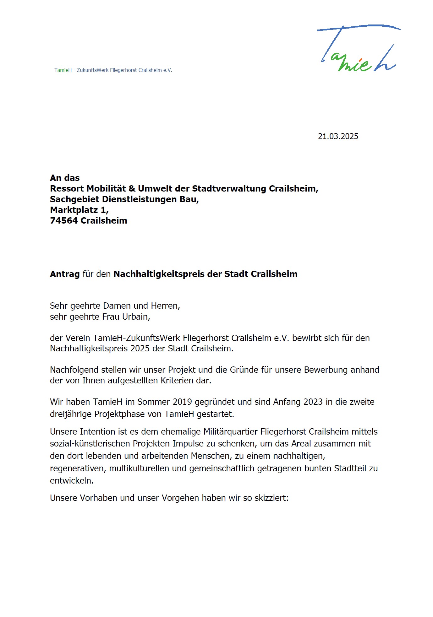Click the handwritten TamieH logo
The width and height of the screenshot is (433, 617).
pos(358,49)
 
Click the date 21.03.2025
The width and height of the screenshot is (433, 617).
pos(338,136)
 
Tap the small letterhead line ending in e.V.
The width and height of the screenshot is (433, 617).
pos(113,70)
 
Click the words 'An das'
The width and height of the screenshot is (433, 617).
pos(65,178)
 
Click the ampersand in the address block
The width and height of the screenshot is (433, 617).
pos(132,188)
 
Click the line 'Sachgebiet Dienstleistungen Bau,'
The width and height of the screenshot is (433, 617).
pos(124,199)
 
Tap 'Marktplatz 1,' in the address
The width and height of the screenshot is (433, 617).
pos(79,210)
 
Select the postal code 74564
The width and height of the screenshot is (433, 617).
pos(64,220)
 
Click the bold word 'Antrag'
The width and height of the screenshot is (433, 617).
pos(65,274)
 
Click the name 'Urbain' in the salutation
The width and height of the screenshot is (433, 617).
pos(136,317)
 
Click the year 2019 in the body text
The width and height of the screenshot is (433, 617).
pos(183,402)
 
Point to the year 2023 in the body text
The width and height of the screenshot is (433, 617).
pos(312,402)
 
